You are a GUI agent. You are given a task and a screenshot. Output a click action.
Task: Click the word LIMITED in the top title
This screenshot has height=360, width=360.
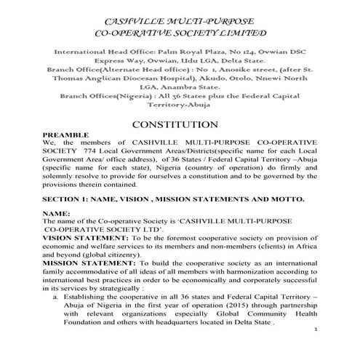(239, 33)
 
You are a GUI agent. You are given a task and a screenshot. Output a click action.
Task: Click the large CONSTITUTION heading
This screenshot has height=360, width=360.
(180, 125)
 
